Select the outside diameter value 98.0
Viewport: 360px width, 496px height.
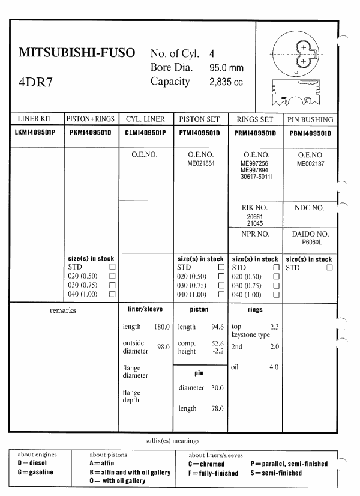tap(163, 348)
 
